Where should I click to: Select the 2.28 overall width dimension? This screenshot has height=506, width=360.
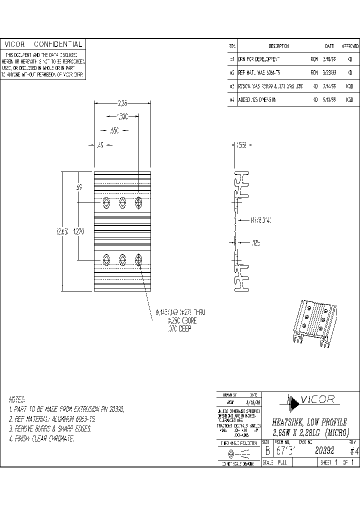coord(122,104)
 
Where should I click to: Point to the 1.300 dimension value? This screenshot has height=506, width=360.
coord(121,116)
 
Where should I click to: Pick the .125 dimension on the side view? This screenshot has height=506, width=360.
coord(256,242)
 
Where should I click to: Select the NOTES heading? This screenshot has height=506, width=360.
coord(17,399)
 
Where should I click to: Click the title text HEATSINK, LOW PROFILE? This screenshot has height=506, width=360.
coord(309,422)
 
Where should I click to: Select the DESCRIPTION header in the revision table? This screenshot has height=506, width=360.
coord(278,46)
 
